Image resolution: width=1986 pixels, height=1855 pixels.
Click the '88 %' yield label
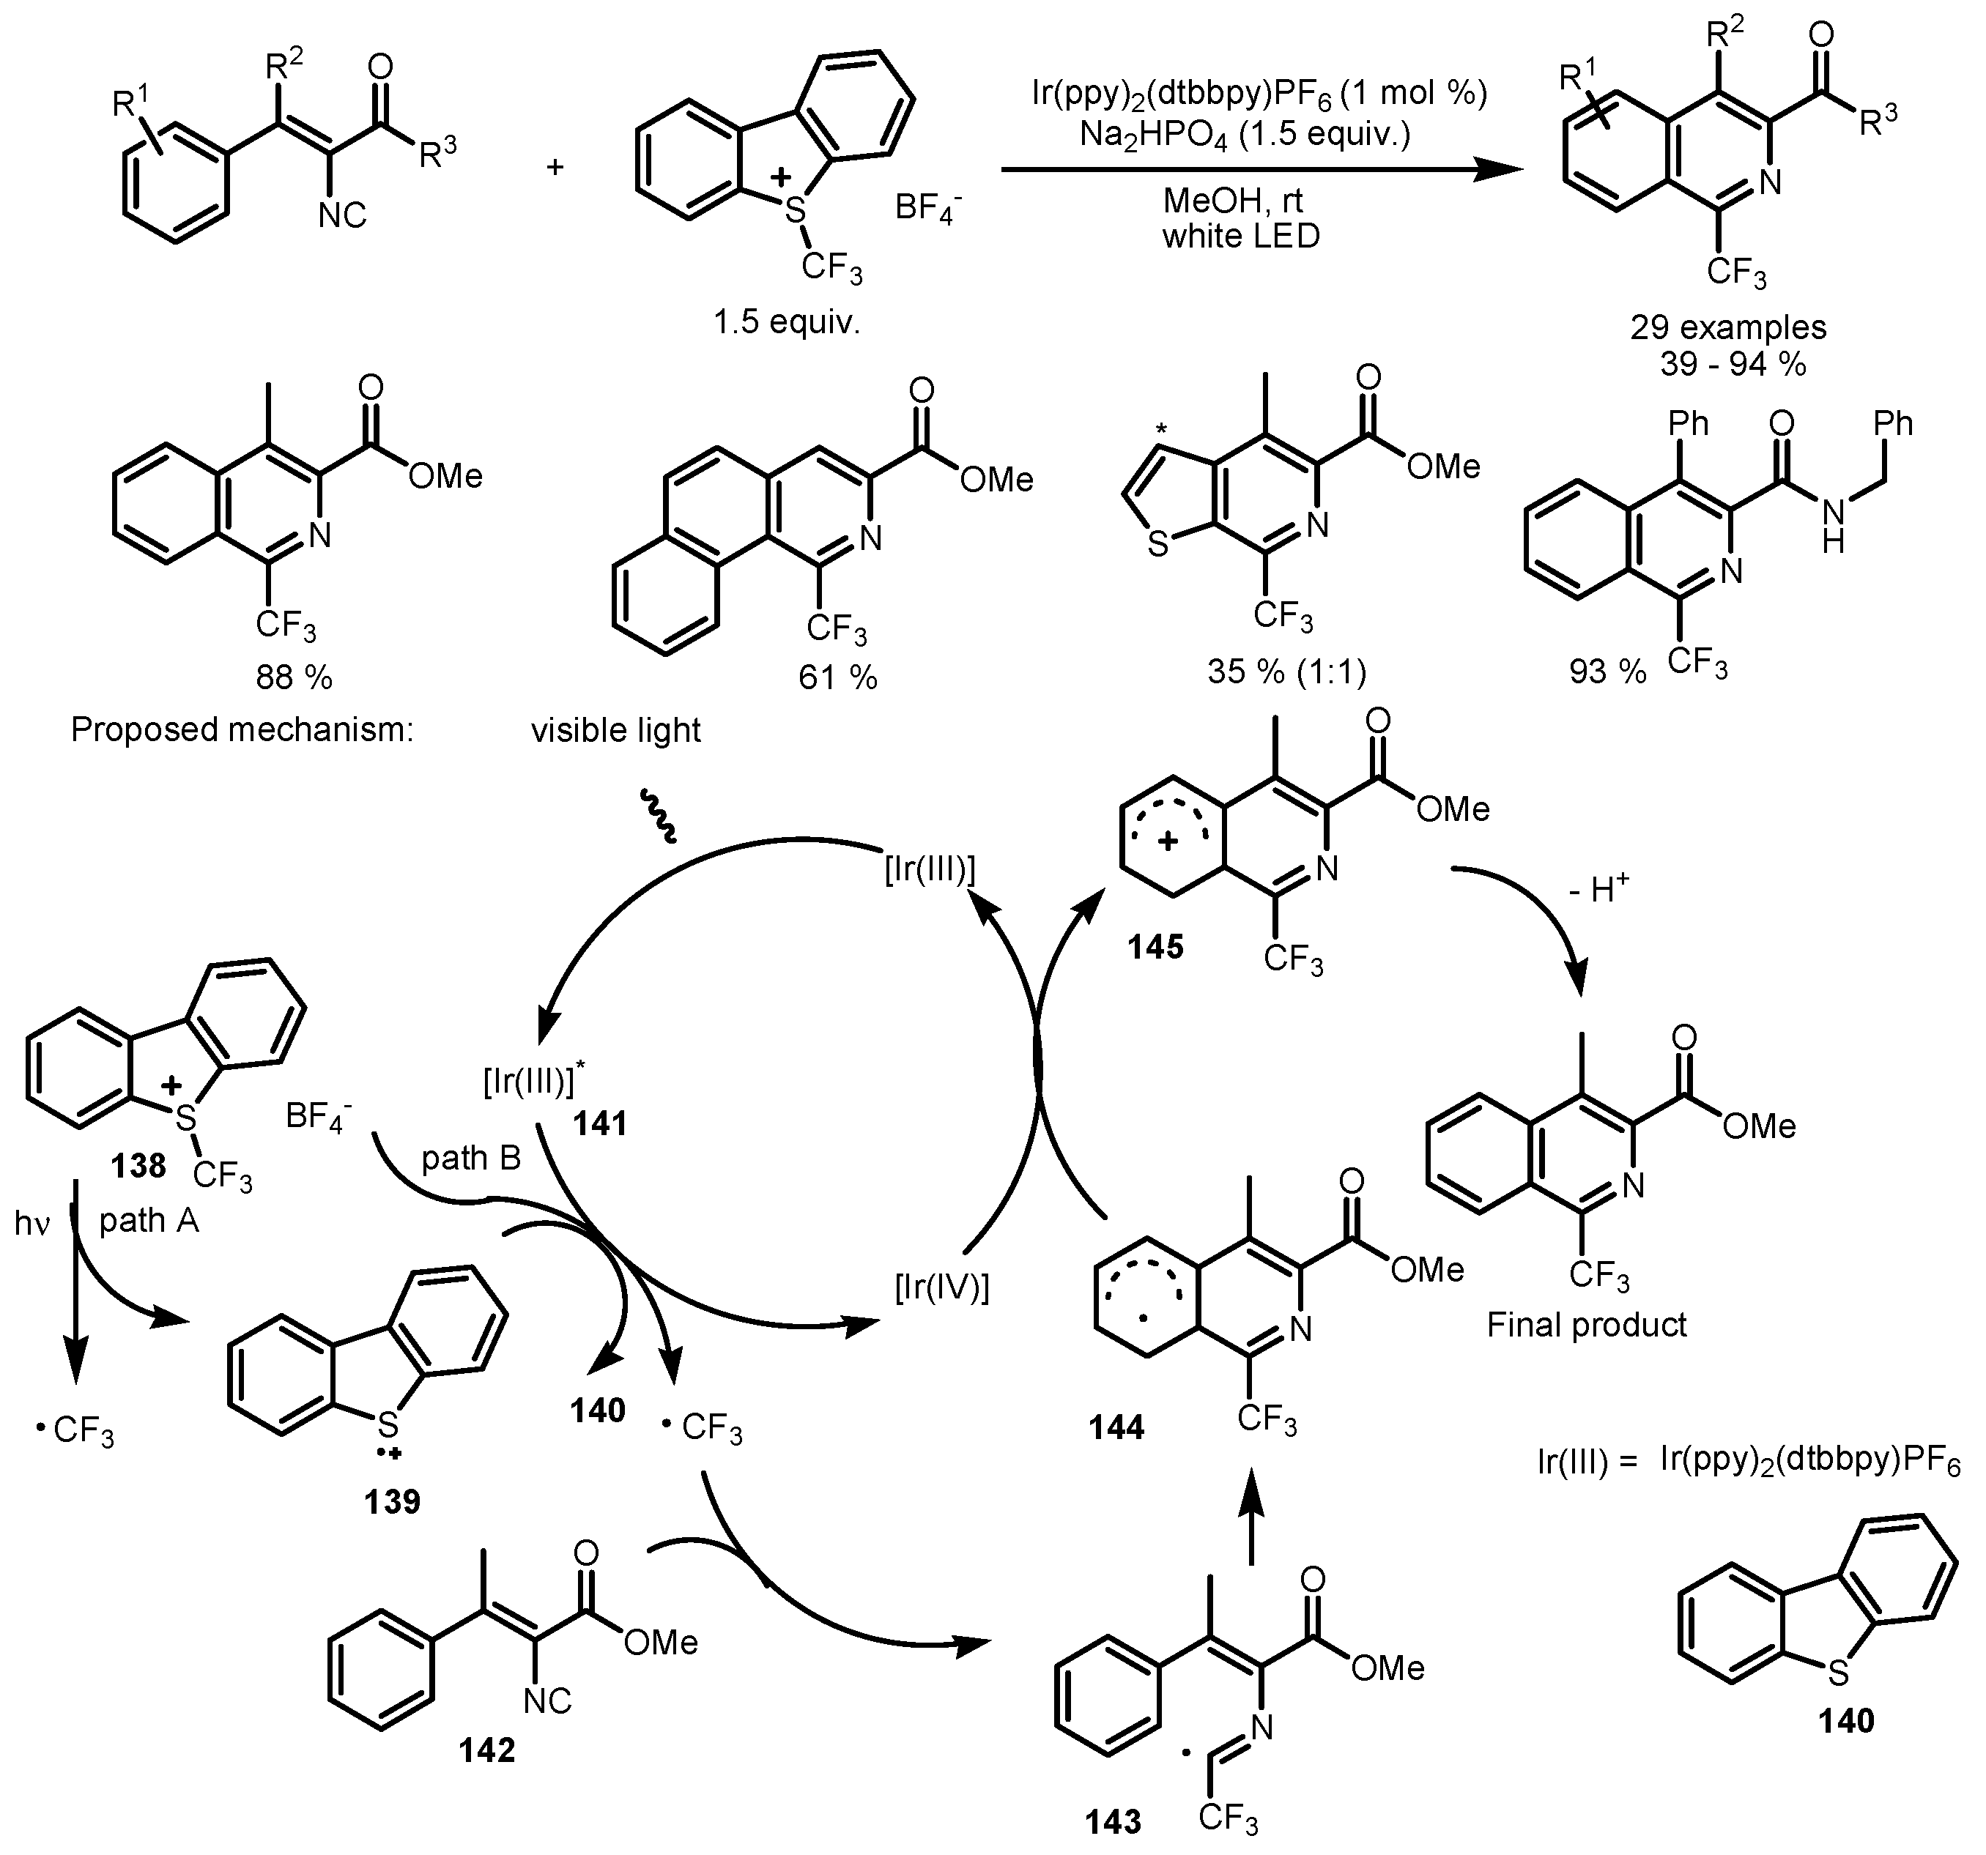click(x=293, y=678)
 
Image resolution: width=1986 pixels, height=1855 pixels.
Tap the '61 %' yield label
click(x=837, y=678)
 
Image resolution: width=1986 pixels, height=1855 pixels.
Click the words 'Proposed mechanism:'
click(x=242, y=730)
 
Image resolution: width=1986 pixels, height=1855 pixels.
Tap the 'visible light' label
click(x=615, y=730)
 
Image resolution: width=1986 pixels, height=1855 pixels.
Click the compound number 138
click(x=139, y=1164)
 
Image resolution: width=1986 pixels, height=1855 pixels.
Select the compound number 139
click(x=393, y=1501)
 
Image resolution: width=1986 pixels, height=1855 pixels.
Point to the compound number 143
click(x=1113, y=1821)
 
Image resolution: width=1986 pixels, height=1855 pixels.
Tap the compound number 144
click(x=1116, y=1427)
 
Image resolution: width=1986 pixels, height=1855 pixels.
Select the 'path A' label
click(x=149, y=1219)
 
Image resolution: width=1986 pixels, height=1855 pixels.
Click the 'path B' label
click(x=470, y=1158)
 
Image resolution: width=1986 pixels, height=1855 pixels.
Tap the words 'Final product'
click(x=1587, y=1325)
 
